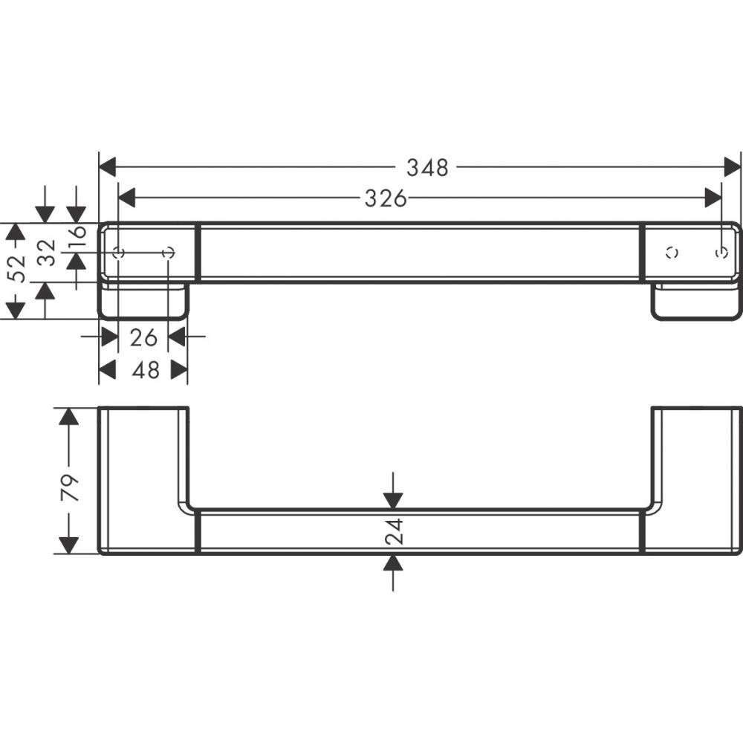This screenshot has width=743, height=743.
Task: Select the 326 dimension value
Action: (386, 198)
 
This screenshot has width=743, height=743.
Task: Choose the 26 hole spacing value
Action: (143, 337)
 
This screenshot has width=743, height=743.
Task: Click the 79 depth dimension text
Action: (69, 490)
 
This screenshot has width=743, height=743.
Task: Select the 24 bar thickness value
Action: (394, 531)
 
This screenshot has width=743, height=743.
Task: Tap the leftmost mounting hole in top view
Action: (119, 253)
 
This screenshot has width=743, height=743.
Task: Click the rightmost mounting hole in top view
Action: (720, 253)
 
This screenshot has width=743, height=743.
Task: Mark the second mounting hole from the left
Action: (169, 253)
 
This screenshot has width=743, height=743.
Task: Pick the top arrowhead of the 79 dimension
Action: (69, 417)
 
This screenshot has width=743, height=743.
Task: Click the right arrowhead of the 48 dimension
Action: (178, 369)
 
